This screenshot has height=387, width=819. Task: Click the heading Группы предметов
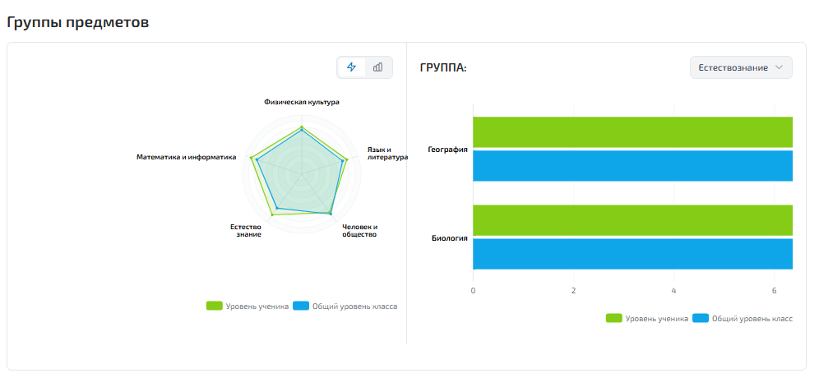click(78, 22)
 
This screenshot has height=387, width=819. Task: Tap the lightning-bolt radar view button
click(351, 67)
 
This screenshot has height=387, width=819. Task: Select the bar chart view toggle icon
click(378, 67)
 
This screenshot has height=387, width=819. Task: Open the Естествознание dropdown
click(741, 67)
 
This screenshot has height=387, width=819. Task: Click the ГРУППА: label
click(443, 68)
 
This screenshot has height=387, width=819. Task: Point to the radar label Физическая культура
click(302, 103)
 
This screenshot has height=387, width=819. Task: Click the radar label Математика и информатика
click(186, 157)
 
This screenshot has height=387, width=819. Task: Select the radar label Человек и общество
click(359, 230)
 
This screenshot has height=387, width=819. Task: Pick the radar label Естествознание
click(246, 230)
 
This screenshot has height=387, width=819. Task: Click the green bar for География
click(632, 132)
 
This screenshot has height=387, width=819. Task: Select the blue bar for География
click(632, 165)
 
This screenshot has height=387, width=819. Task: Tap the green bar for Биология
click(632, 220)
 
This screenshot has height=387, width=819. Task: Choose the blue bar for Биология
click(632, 253)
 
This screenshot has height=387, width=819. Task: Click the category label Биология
click(450, 238)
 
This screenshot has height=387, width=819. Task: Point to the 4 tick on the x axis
click(673, 291)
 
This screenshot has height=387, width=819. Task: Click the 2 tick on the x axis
click(573, 291)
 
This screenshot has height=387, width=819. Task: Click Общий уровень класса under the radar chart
click(354, 306)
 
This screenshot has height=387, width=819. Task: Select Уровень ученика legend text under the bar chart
click(657, 318)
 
